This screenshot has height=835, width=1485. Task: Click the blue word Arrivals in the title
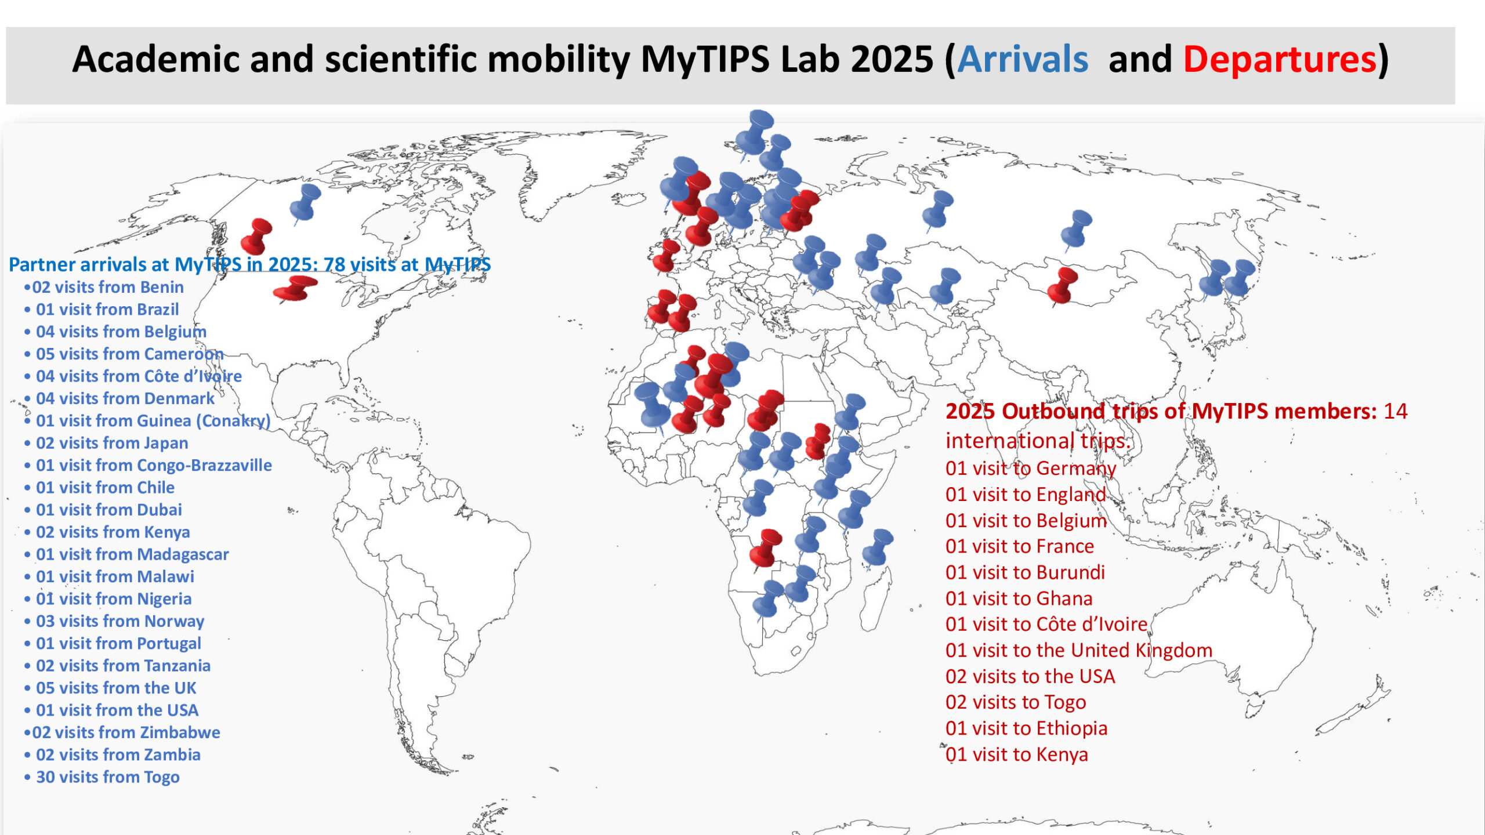(1022, 60)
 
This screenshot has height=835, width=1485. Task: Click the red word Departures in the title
(1279, 60)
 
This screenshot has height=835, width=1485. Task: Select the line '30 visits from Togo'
(107, 777)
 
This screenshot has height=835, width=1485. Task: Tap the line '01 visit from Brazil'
(107, 310)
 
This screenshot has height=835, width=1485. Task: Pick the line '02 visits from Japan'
(111, 443)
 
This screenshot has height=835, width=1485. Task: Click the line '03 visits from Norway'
(119, 621)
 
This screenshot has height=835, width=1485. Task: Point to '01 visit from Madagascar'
(132, 554)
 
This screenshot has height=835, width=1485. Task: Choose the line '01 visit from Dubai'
(108, 510)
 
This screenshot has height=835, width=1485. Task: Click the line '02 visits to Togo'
(1015, 702)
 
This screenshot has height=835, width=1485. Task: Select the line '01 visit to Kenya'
(1016, 754)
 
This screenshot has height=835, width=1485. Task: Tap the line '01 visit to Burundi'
(1025, 572)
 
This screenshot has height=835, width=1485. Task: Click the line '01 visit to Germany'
(1030, 468)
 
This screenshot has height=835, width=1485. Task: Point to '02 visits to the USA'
(1030, 676)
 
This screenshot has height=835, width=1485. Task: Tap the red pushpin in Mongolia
(1063, 285)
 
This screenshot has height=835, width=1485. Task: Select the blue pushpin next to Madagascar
(877, 546)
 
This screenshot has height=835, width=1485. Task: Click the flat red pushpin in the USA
(295, 288)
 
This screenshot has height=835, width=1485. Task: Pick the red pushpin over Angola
(766, 547)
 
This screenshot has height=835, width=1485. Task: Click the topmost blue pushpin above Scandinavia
(754, 132)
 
